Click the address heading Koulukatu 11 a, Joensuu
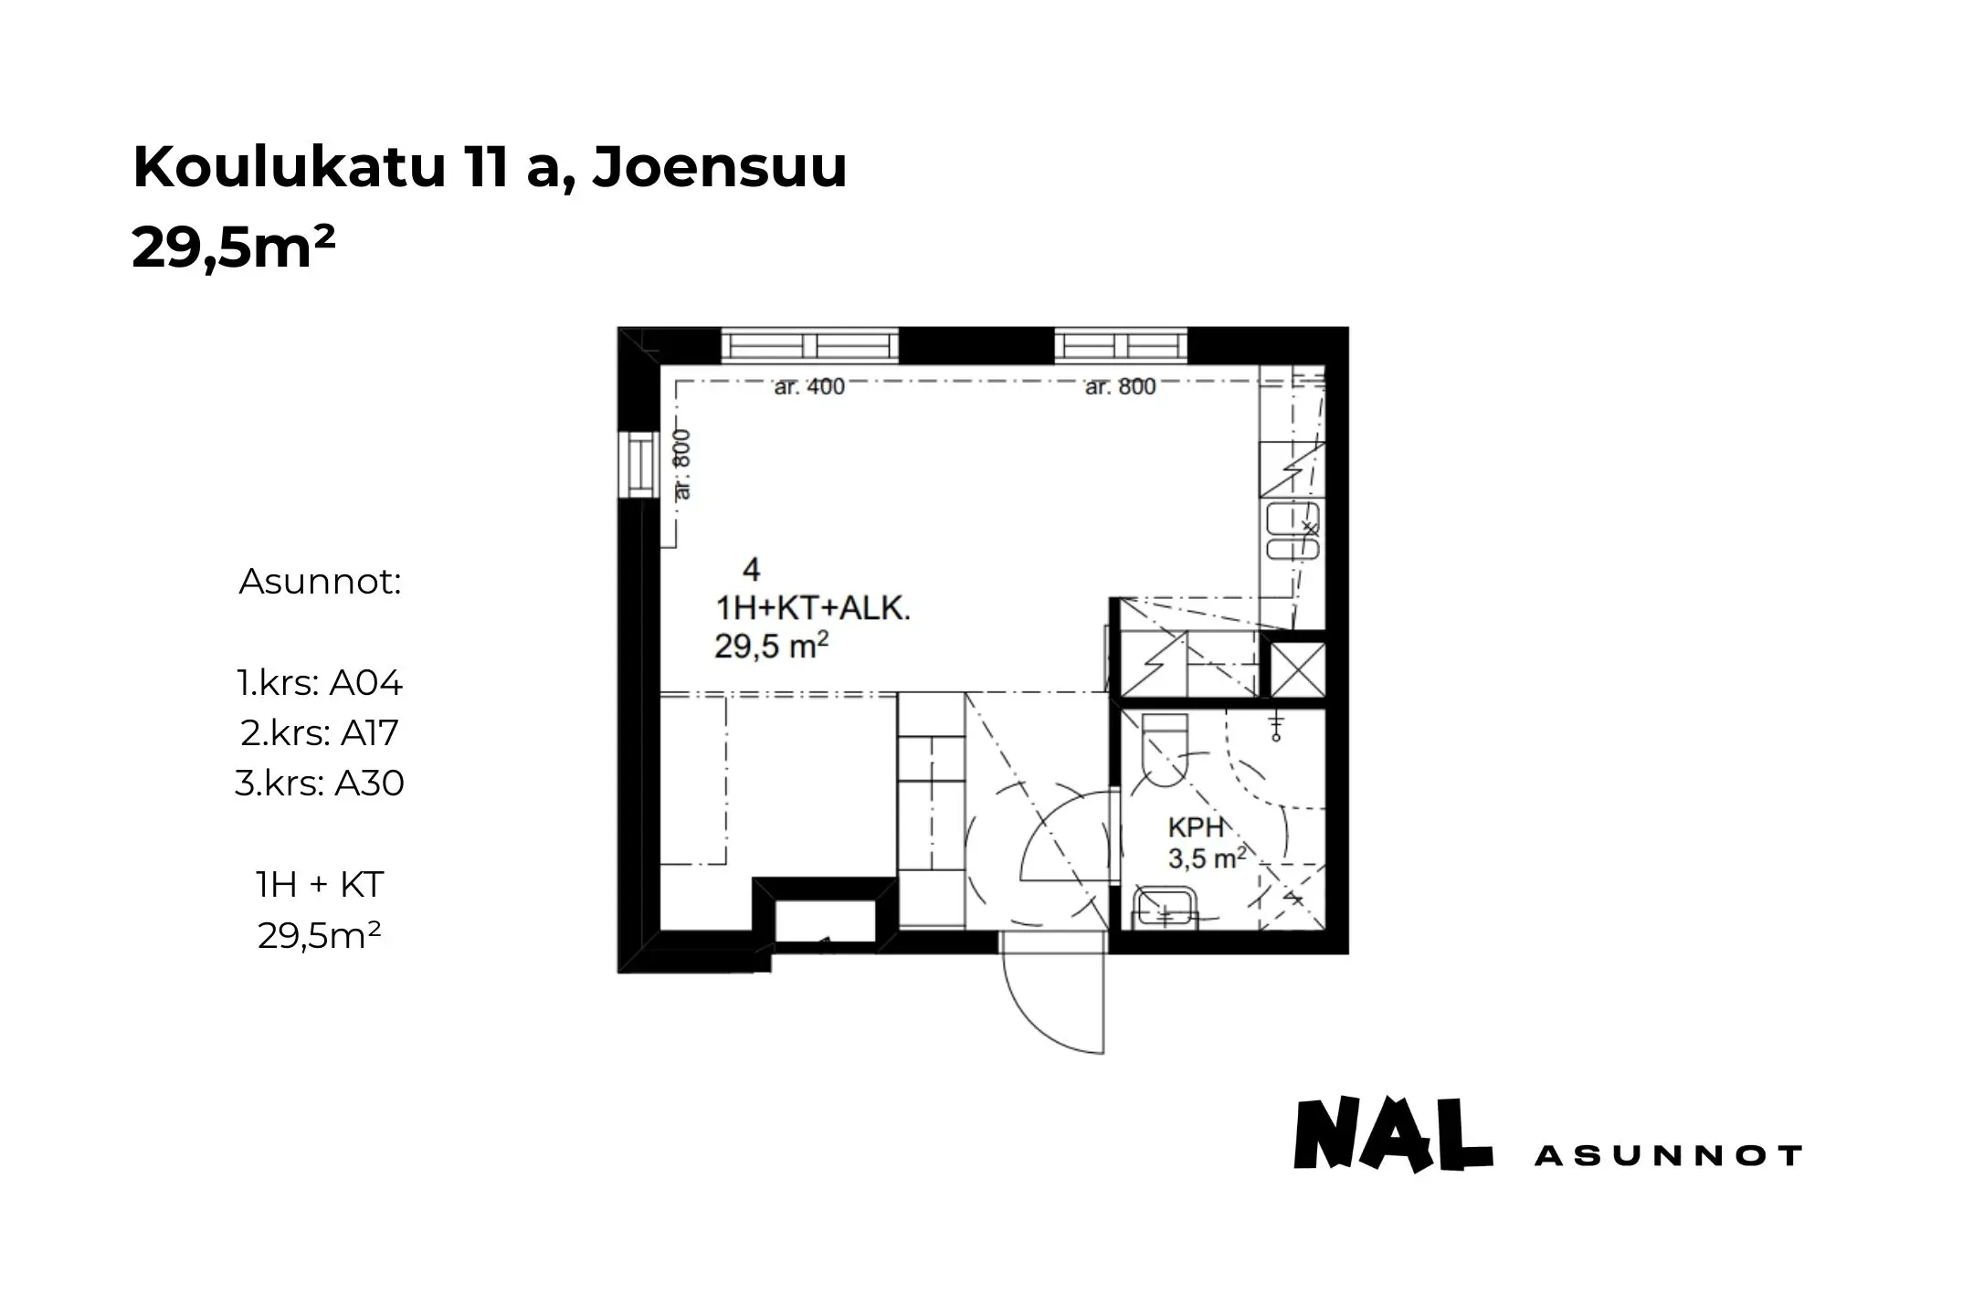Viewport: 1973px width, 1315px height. (x=490, y=168)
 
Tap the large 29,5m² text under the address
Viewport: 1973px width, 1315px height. (x=234, y=247)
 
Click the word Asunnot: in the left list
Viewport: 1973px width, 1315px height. (x=321, y=582)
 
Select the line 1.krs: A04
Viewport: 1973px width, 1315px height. (x=320, y=683)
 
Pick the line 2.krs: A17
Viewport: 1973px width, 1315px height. (x=320, y=733)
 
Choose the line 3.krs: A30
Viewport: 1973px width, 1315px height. (x=320, y=784)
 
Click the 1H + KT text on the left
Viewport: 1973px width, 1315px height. (x=320, y=884)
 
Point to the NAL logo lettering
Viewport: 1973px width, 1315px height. (x=1393, y=1135)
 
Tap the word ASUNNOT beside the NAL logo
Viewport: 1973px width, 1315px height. (x=1668, y=1156)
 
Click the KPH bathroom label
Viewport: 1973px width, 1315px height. (x=1196, y=828)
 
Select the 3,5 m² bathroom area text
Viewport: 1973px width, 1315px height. (x=1207, y=858)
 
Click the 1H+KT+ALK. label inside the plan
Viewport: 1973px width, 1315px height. (x=812, y=609)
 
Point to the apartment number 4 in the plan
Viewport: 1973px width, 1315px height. (x=751, y=571)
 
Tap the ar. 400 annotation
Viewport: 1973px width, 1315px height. (x=809, y=387)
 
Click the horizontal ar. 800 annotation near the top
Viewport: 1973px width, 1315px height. (x=1120, y=387)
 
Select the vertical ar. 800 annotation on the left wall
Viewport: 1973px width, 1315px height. (x=683, y=464)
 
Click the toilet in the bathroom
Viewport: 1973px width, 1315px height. (x=1165, y=749)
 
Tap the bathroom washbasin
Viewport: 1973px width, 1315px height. (x=1165, y=909)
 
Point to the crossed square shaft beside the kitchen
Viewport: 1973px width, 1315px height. (x=1298, y=670)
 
